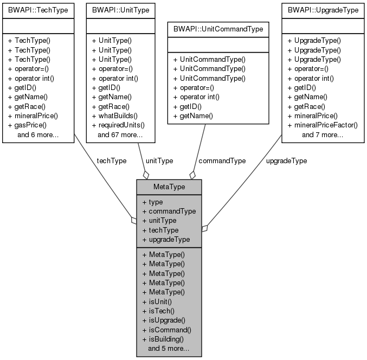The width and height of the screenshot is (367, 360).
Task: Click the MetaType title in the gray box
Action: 169,187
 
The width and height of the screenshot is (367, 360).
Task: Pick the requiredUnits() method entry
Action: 121,125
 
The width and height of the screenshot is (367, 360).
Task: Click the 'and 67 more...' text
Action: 120,134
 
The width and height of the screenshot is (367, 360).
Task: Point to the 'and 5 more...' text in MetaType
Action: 168,348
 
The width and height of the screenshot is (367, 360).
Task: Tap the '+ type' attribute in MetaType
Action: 152,202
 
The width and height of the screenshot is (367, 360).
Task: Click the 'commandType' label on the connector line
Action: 222,160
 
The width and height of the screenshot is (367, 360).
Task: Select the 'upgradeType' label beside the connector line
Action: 287,160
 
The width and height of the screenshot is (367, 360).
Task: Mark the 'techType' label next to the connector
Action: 111,160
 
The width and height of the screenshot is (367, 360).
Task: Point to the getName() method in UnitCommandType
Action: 193,115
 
